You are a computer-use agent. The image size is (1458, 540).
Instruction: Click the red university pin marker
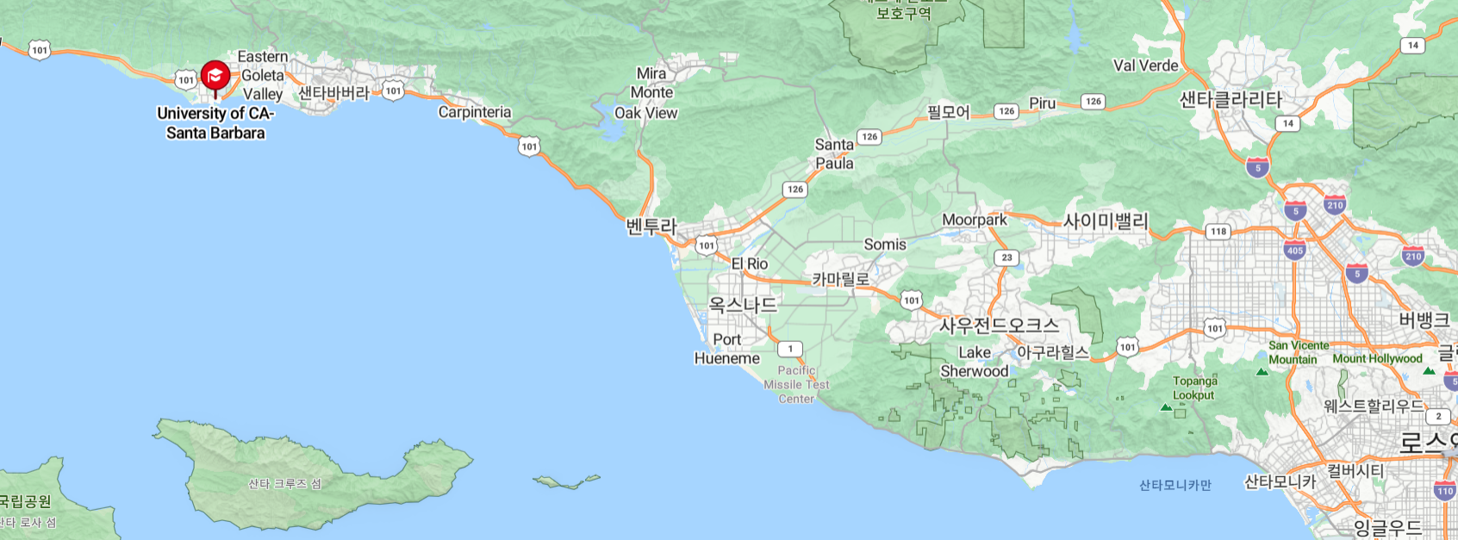click(215, 77)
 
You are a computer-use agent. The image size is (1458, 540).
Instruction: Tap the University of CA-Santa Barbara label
click(215, 123)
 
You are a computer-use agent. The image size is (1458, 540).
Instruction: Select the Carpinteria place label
click(474, 112)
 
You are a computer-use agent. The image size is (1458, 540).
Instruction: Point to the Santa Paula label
click(834, 154)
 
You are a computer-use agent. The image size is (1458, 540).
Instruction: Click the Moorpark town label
click(974, 220)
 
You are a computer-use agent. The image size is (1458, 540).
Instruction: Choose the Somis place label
click(885, 245)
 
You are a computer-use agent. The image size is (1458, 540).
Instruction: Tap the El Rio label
click(750, 264)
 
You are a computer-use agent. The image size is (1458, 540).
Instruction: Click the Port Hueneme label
click(727, 349)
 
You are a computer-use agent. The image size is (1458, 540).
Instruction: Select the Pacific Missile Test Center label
click(796, 384)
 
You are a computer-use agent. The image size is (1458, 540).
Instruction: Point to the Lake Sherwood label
click(975, 362)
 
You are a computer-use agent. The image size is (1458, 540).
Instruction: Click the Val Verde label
click(1145, 65)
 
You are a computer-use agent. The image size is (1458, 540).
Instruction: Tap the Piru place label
click(1042, 103)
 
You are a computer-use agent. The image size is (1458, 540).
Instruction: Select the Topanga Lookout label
click(1194, 388)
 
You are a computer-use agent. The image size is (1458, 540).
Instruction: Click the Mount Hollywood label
click(1377, 358)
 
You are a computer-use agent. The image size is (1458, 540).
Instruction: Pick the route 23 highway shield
click(1006, 258)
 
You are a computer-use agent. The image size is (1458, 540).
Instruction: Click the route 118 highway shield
click(1218, 231)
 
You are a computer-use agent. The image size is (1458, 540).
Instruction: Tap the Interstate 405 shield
click(1294, 251)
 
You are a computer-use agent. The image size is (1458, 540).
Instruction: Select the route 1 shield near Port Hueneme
click(790, 349)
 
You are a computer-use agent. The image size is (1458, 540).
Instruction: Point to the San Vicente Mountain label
click(1298, 352)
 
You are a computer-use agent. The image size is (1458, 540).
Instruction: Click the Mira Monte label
click(651, 83)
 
